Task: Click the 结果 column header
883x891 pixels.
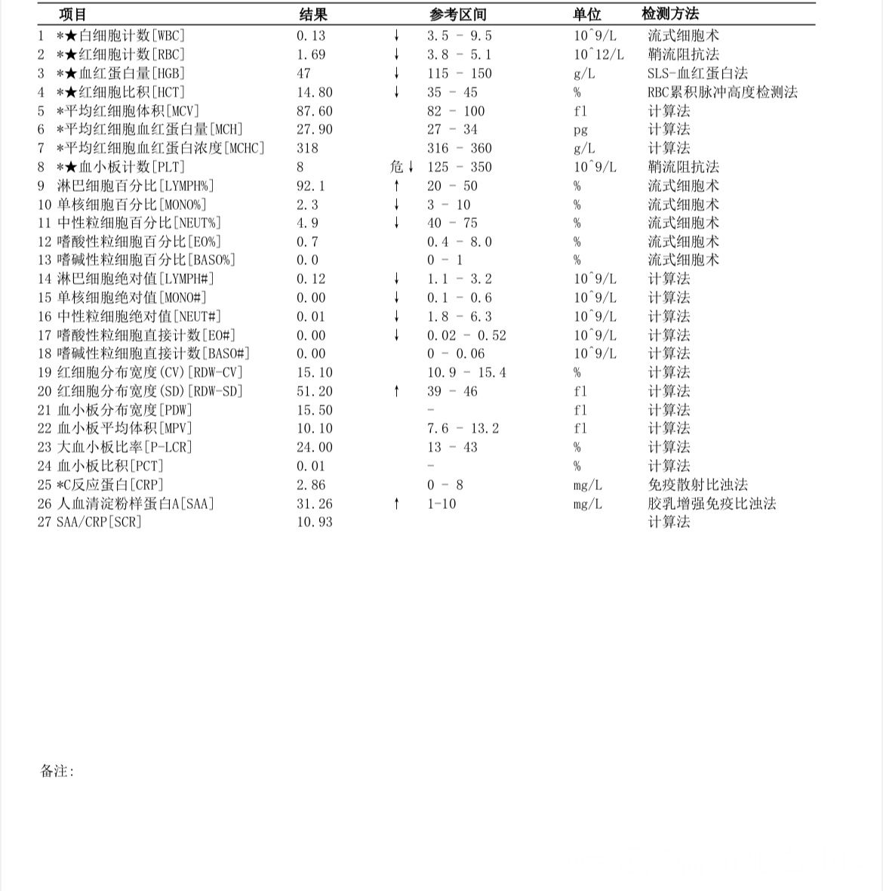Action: (x=313, y=14)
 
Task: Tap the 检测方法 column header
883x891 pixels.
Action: (x=670, y=14)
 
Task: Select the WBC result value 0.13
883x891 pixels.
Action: (x=311, y=35)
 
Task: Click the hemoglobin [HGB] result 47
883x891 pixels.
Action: (x=303, y=73)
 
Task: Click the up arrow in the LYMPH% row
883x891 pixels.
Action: (x=396, y=186)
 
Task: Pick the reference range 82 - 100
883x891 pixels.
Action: (x=456, y=111)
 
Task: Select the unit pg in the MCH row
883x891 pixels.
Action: (x=580, y=130)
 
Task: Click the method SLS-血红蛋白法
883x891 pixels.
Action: (x=697, y=73)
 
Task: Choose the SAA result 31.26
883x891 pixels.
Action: (x=314, y=504)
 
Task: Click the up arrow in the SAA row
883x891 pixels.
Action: (x=396, y=504)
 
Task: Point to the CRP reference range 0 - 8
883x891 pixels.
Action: (x=445, y=485)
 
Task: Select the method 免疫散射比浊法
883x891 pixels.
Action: (x=697, y=485)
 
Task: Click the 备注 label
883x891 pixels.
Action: (x=57, y=771)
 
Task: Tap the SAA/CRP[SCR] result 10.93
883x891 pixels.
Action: (x=314, y=522)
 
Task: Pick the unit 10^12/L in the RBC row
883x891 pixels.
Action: (x=598, y=54)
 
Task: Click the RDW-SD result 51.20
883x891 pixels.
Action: (x=314, y=391)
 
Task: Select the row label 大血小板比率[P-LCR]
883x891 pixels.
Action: (x=125, y=447)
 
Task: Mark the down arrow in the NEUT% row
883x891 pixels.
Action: (x=396, y=223)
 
